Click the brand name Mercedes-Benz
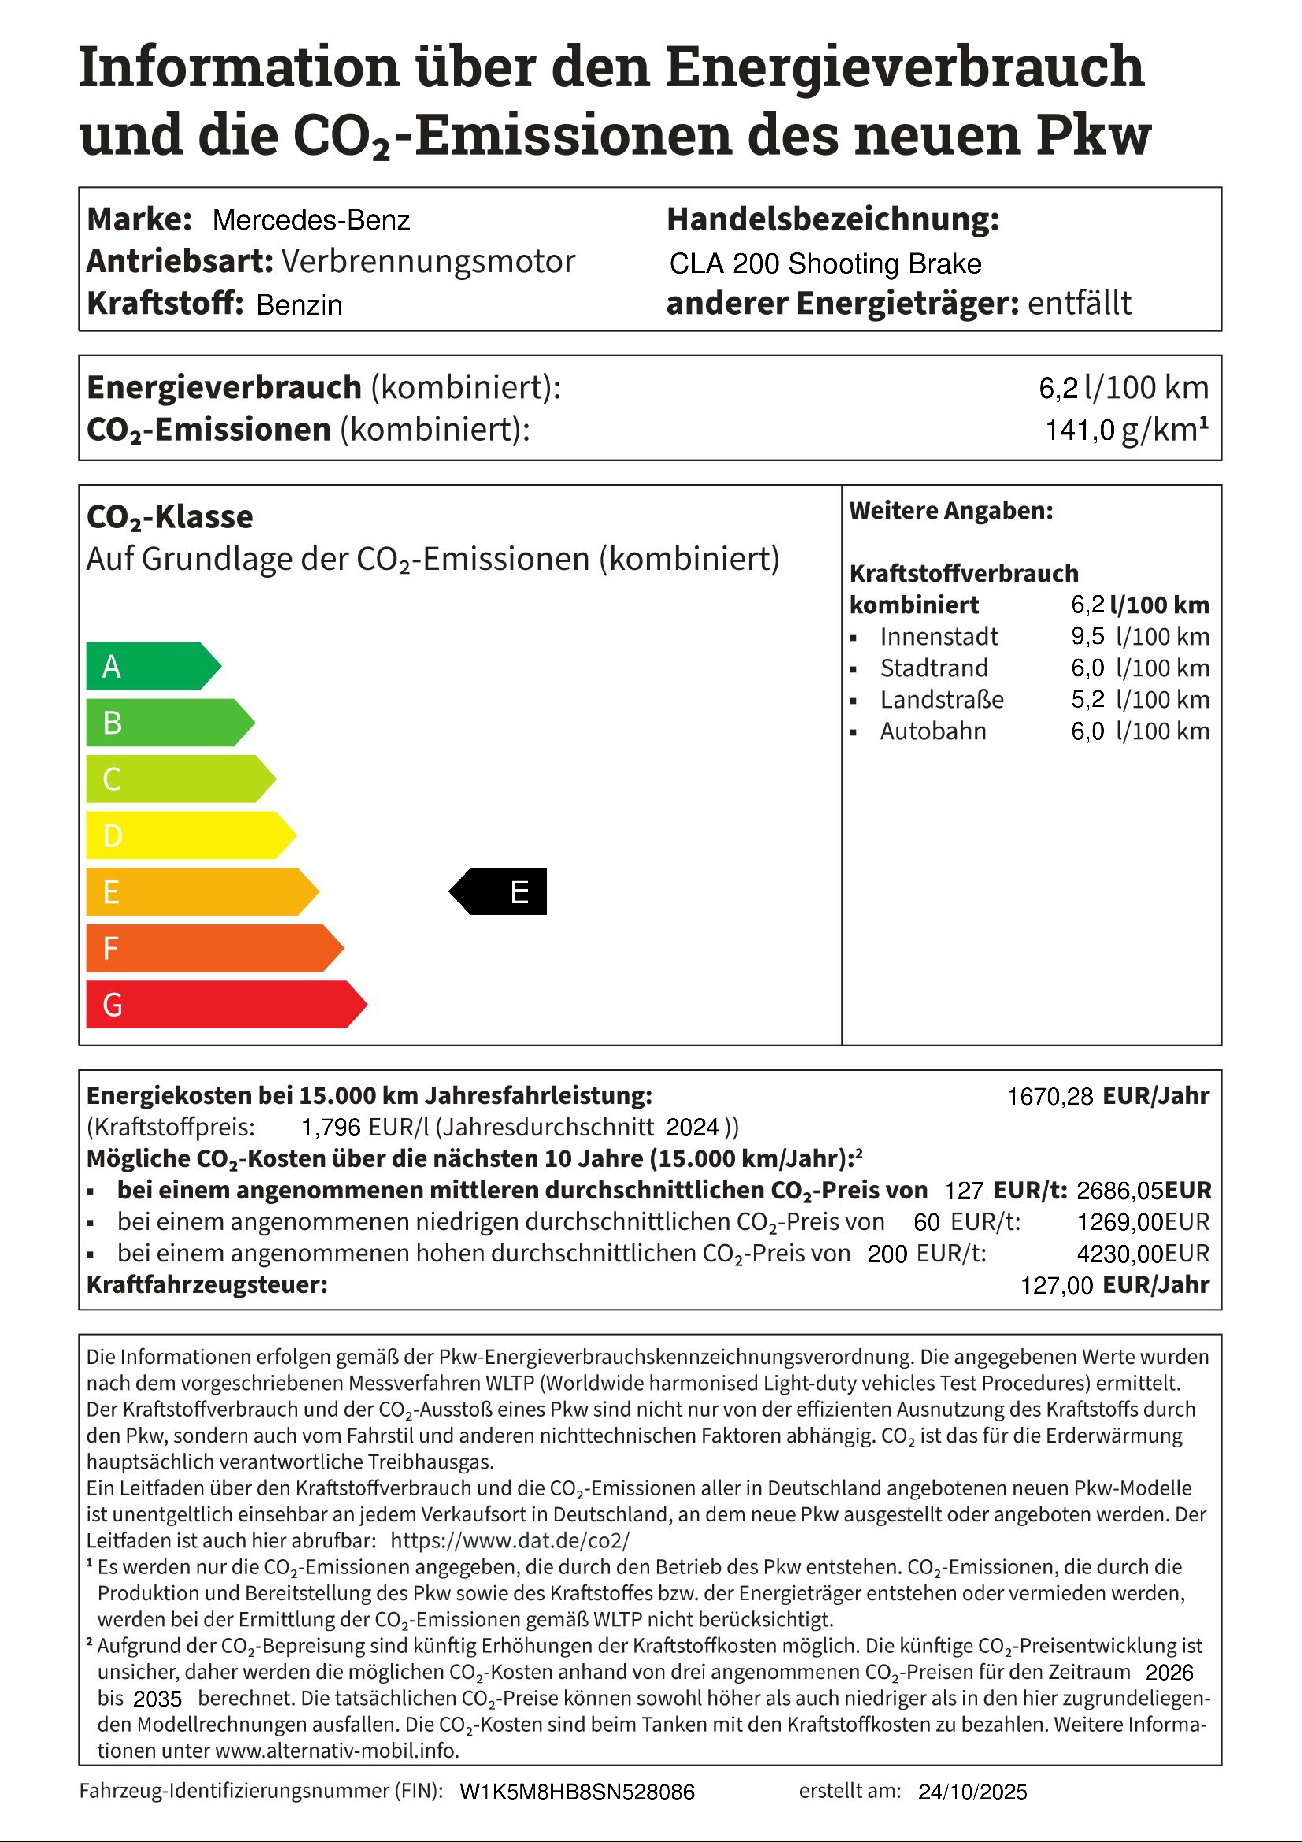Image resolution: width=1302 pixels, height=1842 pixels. pyautogui.click(x=311, y=220)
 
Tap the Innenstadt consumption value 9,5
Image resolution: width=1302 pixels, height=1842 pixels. pyautogui.click(x=1087, y=636)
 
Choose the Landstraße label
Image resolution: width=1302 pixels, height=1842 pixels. pyautogui.click(x=942, y=699)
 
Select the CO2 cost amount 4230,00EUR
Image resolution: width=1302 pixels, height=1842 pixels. pyautogui.click(x=1143, y=1253)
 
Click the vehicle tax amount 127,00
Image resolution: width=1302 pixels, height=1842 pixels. pyautogui.click(x=1056, y=1285)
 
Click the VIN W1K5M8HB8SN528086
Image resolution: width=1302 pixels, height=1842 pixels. pyautogui.click(x=577, y=1792)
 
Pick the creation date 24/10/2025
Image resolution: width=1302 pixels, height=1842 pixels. pyautogui.click(x=972, y=1792)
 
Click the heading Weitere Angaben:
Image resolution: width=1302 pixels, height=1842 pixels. pyautogui.click(x=951, y=511)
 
